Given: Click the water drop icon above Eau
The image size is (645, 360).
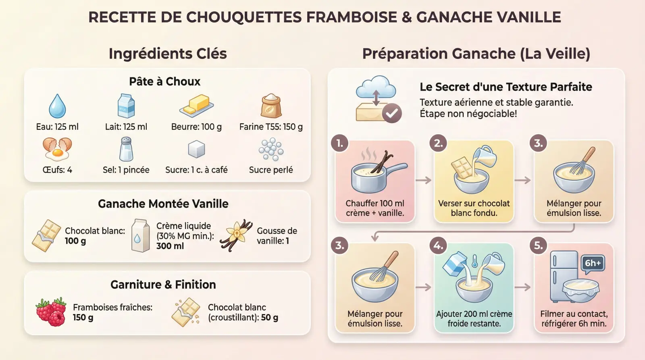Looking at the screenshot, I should [57, 106].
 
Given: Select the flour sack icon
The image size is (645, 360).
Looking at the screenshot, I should [271, 106].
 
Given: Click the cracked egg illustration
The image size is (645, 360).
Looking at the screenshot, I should [57, 149].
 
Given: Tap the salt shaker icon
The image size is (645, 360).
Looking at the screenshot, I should [126, 149].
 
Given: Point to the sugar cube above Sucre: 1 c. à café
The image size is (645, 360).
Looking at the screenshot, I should [196, 149].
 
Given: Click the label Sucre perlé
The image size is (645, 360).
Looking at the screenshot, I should [271, 170].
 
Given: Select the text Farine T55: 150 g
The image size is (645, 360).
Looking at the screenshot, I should [271, 127].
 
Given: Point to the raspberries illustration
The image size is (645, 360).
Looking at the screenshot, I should [52, 312].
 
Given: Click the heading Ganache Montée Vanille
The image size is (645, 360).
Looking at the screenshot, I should [163, 204].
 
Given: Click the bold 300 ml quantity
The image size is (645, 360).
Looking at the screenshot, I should [170, 246].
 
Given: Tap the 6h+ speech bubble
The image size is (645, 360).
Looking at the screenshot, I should [593, 263].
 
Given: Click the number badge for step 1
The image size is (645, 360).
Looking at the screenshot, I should [340, 143].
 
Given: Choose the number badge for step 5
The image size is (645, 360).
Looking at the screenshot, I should [538, 246].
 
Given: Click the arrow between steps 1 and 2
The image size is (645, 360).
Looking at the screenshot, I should [424, 180].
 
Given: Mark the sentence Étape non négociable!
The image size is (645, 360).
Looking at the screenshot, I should [468, 114].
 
